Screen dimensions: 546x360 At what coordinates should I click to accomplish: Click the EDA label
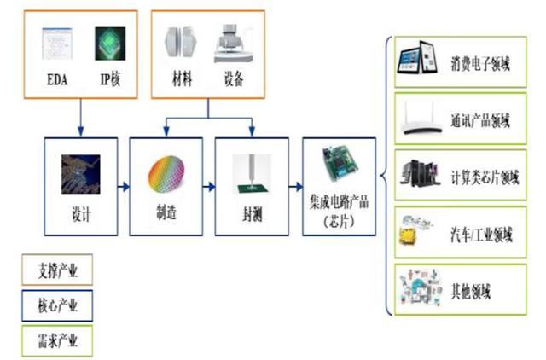[57, 79]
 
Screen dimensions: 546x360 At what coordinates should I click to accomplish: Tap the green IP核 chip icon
[110, 44]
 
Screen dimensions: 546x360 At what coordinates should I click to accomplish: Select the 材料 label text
[182, 78]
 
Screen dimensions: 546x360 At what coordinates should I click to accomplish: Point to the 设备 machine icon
[234, 44]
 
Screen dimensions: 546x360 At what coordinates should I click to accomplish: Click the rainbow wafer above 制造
[166, 174]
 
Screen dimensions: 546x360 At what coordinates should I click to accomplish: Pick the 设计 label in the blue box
[81, 214]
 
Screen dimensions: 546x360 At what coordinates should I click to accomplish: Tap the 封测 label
[252, 214]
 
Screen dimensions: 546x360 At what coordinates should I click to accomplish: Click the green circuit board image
[340, 164]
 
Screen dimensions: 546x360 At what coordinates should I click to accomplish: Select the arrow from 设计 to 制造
[123, 187]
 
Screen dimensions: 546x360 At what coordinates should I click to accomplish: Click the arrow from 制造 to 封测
[209, 187]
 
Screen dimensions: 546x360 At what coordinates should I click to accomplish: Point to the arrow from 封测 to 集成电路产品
[296, 187]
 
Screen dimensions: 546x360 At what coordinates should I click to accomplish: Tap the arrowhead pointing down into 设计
[81, 131]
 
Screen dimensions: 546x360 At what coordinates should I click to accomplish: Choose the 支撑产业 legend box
[57, 270]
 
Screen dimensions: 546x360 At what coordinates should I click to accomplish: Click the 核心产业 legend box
[57, 305]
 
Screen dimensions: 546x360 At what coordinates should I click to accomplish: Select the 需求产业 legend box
[57, 341]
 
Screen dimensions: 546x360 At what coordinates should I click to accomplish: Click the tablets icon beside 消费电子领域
[417, 57]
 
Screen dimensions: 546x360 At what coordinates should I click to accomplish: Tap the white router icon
[422, 119]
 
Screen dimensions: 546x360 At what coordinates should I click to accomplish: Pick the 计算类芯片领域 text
[485, 177]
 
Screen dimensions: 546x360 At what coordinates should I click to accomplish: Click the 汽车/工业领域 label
[481, 235]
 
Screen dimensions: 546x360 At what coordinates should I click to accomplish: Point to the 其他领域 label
[471, 291]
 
